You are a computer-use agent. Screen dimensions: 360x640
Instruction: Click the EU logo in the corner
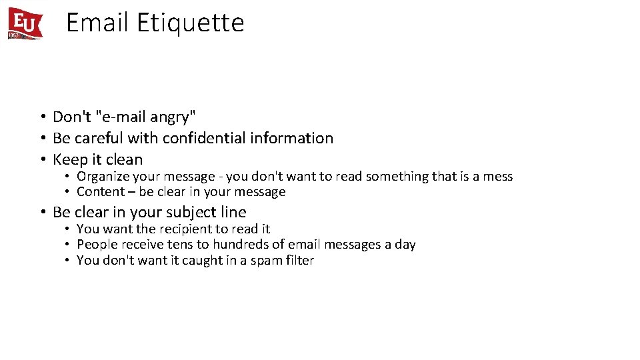[x=25, y=23]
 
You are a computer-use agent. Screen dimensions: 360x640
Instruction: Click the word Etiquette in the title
[x=191, y=23]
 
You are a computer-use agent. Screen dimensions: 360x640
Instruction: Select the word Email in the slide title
[x=97, y=23]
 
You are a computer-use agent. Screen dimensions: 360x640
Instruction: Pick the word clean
[x=124, y=159]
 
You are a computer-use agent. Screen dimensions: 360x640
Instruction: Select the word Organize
[x=103, y=177]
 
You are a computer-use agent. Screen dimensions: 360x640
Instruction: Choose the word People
[x=97, y=245]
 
